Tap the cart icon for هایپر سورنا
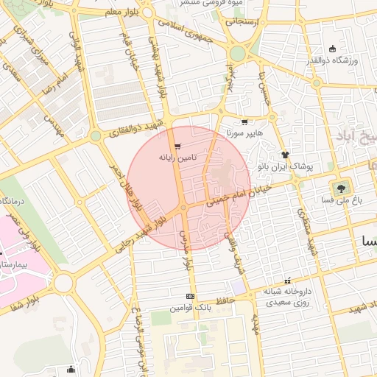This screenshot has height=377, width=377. tap(244, 123)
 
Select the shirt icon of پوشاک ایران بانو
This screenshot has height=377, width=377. tap(285, 155)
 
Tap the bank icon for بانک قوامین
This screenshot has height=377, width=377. tap(191, 297)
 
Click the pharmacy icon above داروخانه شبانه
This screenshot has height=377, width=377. tap(287, 281)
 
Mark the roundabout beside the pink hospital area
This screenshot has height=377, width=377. tap(63, 283)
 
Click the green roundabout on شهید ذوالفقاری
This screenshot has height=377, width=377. tap(95, 136)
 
